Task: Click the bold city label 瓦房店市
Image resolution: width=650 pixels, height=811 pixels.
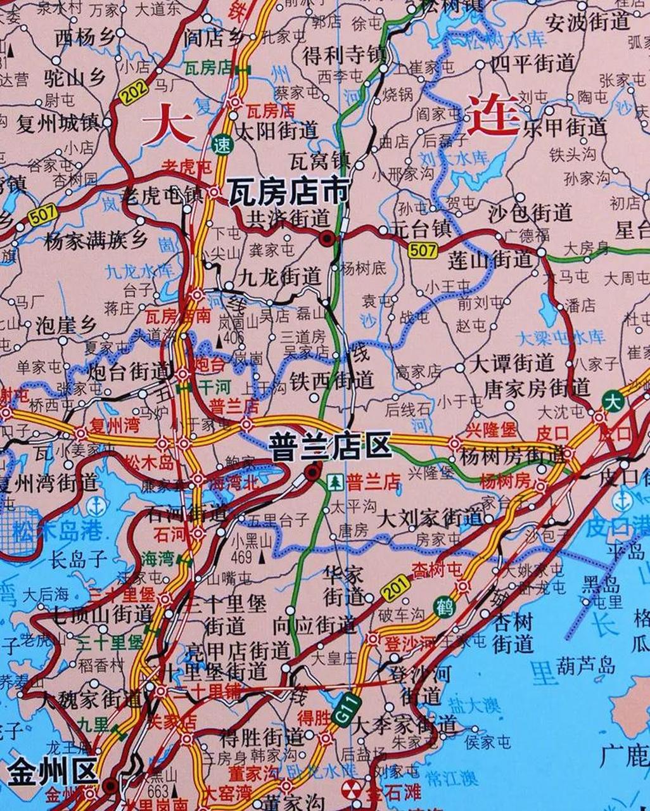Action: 288,191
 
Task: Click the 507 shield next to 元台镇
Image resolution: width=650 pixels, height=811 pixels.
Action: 423,250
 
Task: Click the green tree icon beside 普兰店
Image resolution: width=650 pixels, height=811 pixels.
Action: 333,483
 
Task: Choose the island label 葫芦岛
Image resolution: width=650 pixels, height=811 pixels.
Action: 586,665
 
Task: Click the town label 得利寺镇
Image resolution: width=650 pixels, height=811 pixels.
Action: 344,55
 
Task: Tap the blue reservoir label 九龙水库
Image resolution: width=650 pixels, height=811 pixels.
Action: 138,272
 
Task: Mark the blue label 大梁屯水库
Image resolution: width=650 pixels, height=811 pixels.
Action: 561,336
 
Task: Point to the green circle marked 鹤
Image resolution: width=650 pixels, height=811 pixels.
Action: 443,607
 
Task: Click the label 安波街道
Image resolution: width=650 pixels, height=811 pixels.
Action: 589,22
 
